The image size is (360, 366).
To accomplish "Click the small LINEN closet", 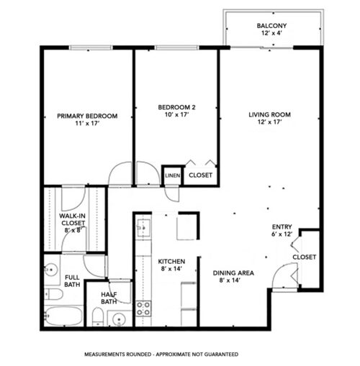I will tap(172, 175).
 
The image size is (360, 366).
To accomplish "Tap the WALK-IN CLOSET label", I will tap(73, 220).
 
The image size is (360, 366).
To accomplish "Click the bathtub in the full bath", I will tap(63, 316).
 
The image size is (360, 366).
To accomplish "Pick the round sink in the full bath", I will tap(51, 270).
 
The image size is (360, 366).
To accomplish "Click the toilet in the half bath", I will tap(97, 316).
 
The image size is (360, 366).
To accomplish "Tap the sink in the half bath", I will tap(120, 318).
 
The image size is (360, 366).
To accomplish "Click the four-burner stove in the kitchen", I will tap(143, 308).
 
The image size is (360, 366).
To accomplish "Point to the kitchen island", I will tap(186, 227).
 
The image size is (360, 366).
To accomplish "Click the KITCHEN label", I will tap(172, 265).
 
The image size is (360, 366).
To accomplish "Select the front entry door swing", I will tap(286, 274).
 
